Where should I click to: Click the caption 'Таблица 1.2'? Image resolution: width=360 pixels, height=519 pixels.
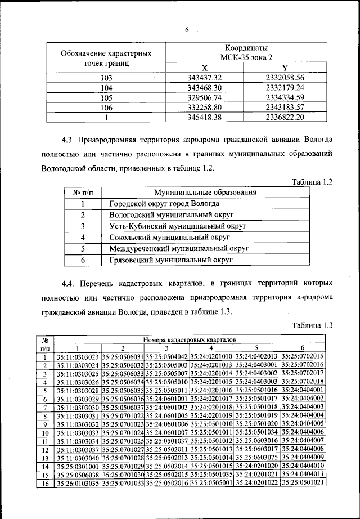[x=314, y=182]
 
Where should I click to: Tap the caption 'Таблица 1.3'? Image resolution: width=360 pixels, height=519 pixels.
[x=314, y=325]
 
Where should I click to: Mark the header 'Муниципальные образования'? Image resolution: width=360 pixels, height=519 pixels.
[x=205, y=193]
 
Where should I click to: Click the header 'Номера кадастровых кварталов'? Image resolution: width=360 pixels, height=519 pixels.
[x=190, y=341]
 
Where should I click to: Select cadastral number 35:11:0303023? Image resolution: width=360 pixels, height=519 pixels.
[x=78, y=356]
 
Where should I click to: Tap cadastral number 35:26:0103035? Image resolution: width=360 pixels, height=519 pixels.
[x=78, y=483]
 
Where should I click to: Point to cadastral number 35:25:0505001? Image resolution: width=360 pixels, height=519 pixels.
[x=211, y=483]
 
